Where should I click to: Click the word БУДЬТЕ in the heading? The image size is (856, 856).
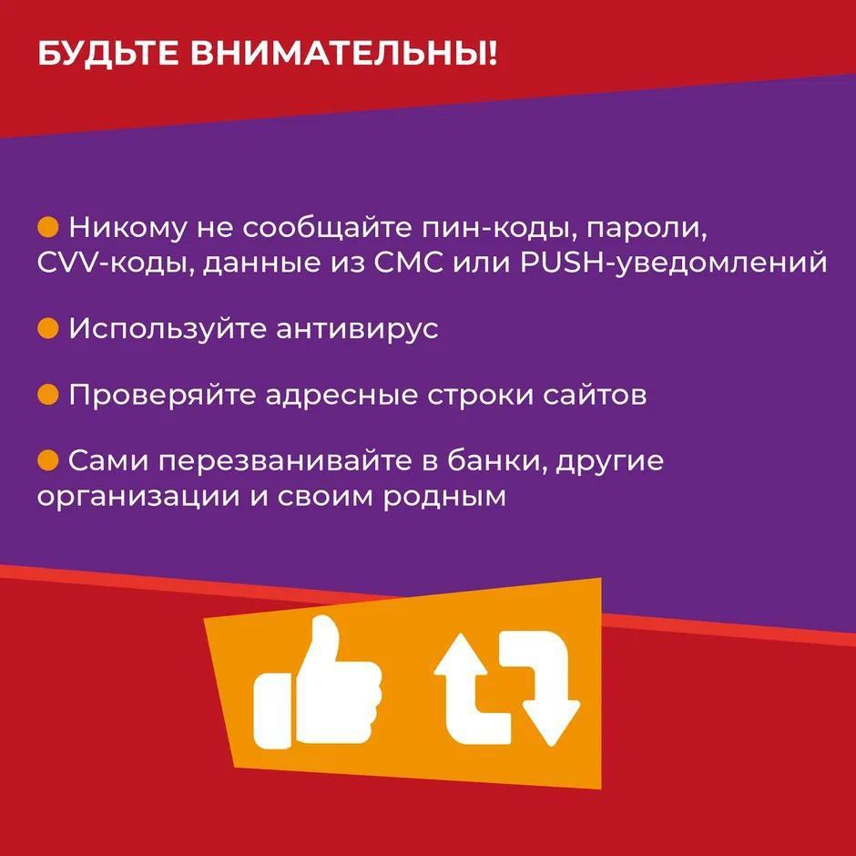pyautogui.click(x=107, y=54)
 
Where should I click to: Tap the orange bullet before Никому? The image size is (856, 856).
pyautogui.click(x=48, y=227)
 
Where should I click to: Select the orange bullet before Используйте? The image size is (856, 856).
pyautogui.click(x=48, y=328)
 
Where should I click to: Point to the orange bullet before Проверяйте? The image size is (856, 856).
pyautogui.click(x=48, y=395)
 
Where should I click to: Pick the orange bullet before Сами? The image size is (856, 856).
pyautogui.click(x=48, y=460)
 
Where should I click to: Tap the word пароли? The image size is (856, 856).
pyautogui.click(x=647, y=229)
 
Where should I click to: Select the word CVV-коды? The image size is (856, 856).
pyautogui.click(x=115, y=263)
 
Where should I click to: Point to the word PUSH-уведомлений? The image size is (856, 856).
pyautogui.click(x=674, y=263)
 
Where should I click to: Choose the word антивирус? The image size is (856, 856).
pyautogui.click(x=357, y=329)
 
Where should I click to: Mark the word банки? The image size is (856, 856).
pyautogui.click(x=497, y=461)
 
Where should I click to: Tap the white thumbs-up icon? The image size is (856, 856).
pyautogui.click(x=318, y=685)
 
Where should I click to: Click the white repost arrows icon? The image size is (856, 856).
pyautogui.click(x=506, y=689)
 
